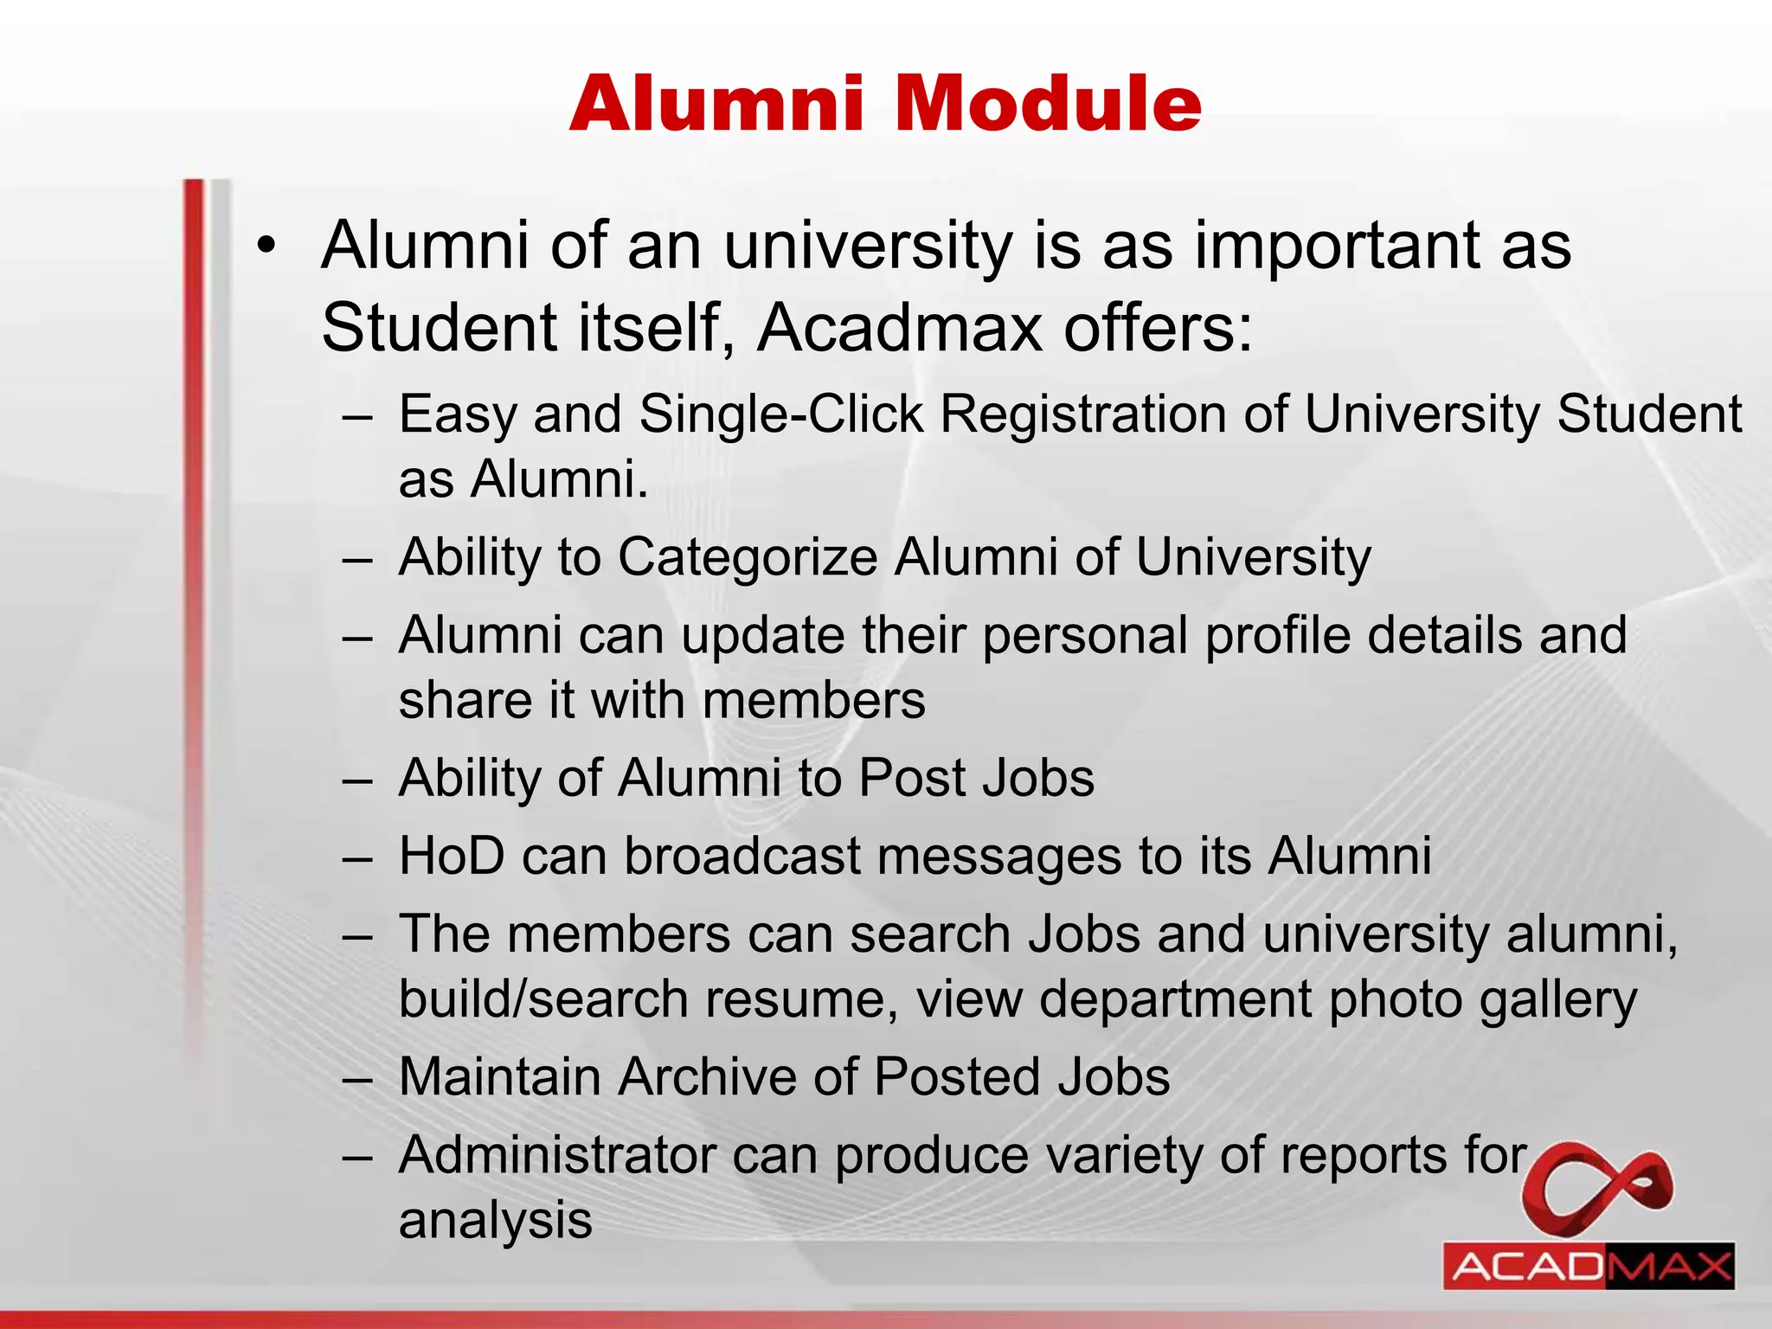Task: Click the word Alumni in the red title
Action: tap(716, 104)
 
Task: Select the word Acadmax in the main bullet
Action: tap(900, 329)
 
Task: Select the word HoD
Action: tap(451, 857)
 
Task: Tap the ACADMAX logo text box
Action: tap(1589, 1267)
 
